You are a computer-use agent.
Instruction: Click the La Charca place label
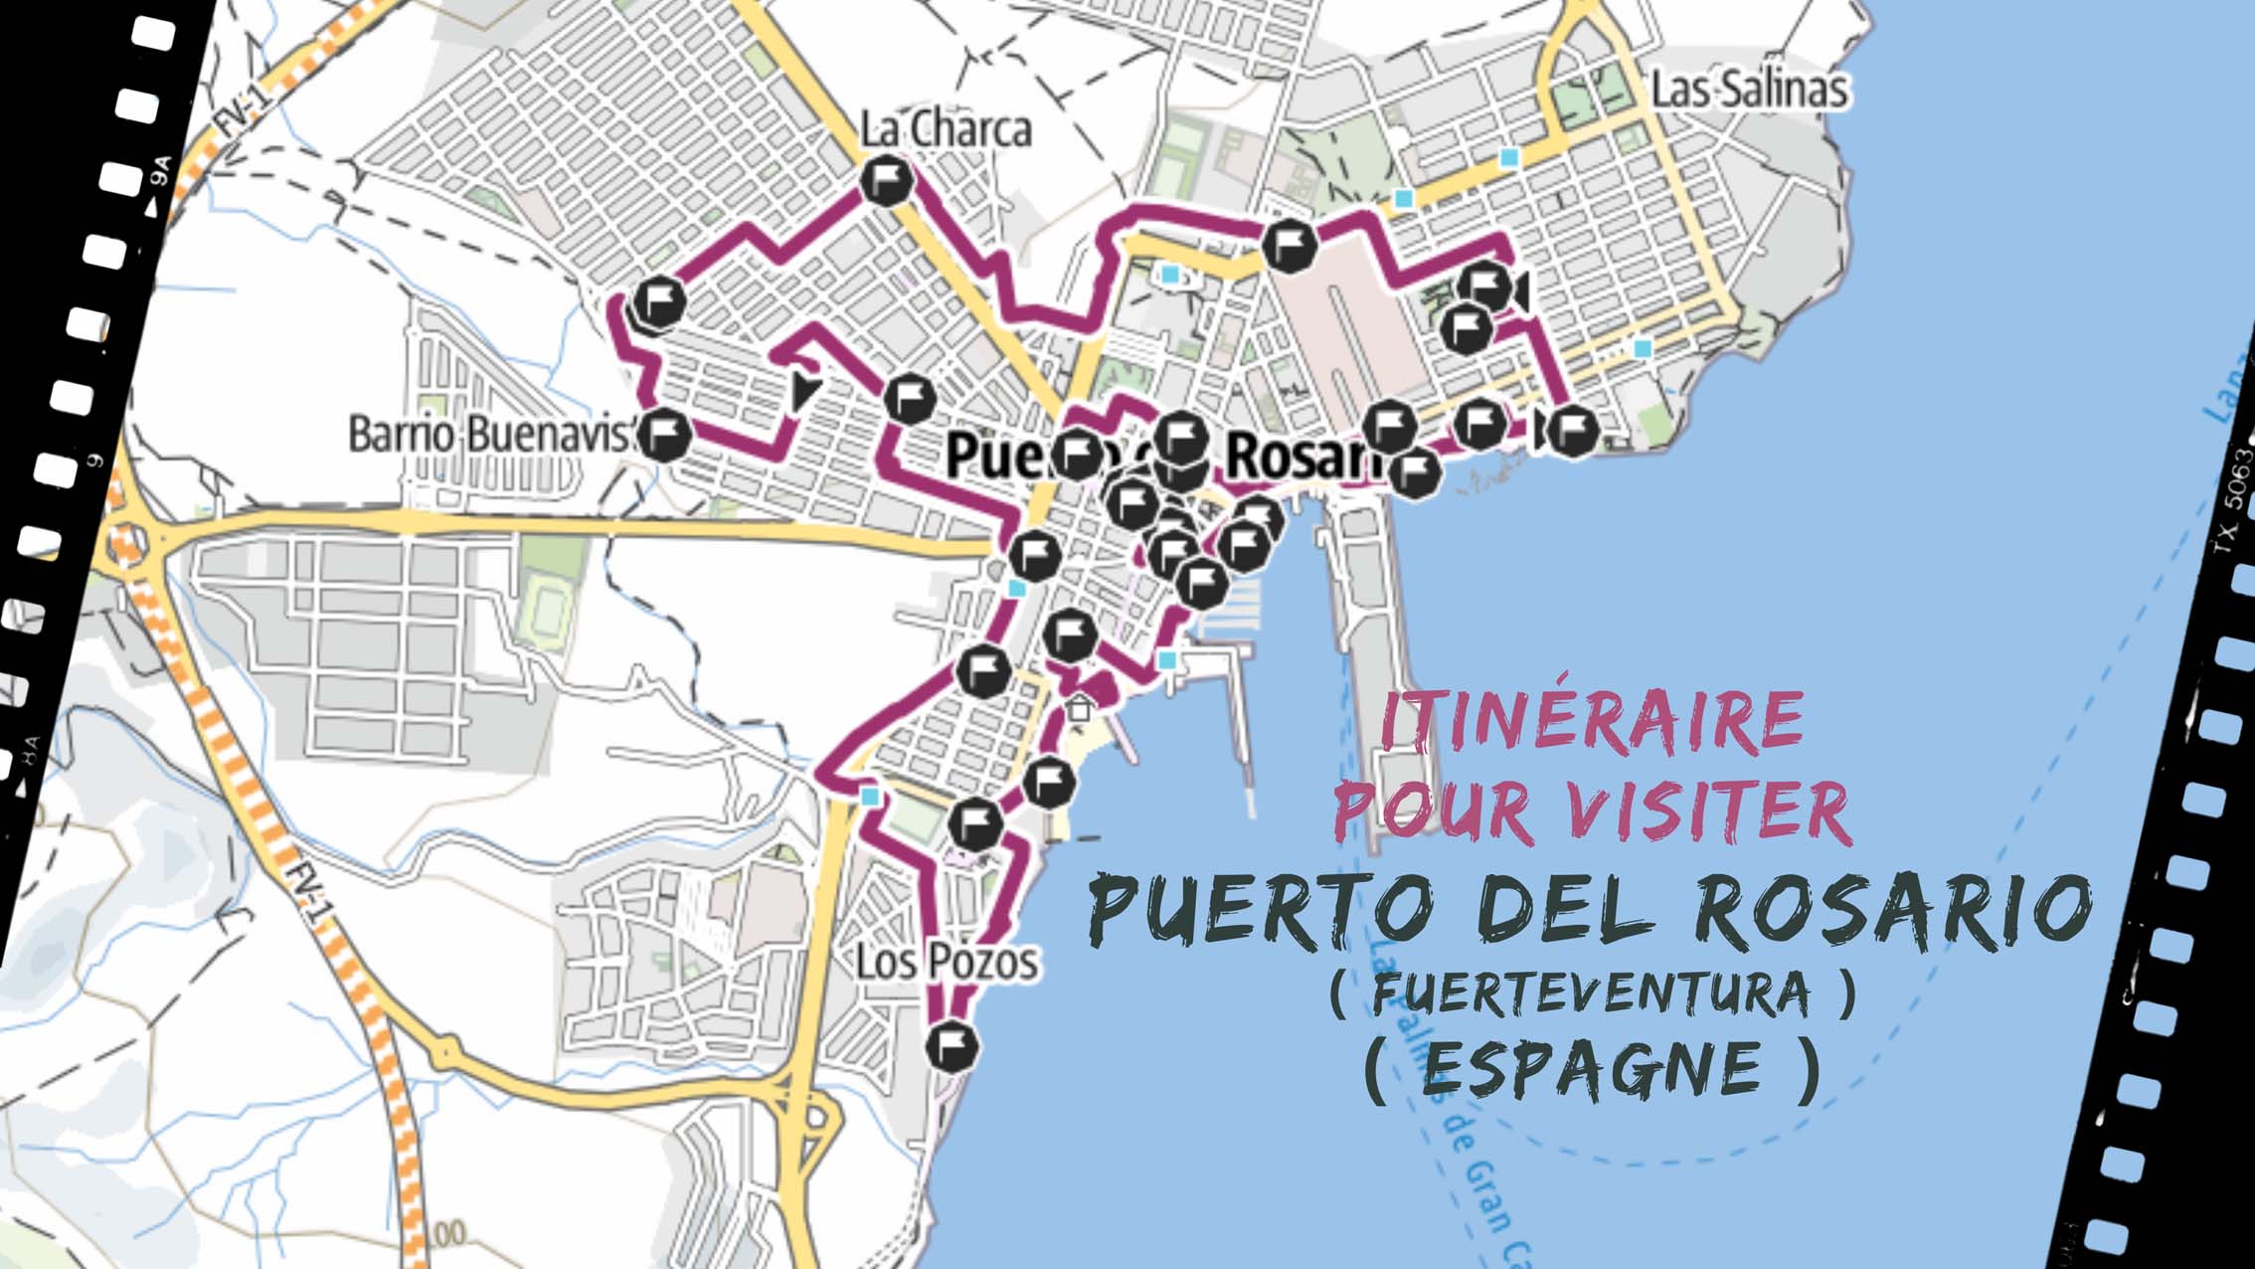(x=945, y=130)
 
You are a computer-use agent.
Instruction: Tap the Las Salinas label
(x=1749, y=90)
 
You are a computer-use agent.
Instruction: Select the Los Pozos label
(x=946, y=962)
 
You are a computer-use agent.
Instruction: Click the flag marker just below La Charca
(x=886, y=181)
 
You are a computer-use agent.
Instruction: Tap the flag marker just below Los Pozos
(x=952, y=1045)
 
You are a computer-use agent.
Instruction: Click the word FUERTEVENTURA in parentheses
(x=1591, y=995)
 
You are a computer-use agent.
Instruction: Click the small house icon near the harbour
(x=1079, y=709)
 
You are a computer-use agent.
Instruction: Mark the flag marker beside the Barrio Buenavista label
(x=663, y=435)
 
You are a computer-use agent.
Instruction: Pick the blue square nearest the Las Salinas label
(x=1510, y=157)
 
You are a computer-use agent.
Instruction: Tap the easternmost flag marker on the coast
(x=1572, y=431)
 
